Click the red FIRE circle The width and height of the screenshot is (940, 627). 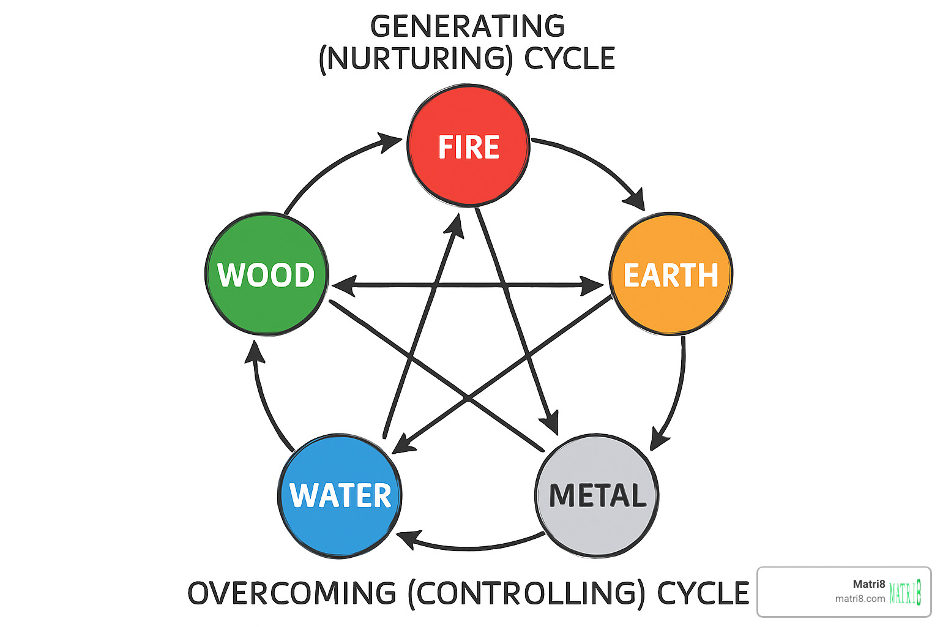(x=468, y=146)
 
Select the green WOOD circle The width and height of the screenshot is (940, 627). (x=266, y=274)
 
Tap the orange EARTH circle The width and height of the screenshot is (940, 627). (x=671, y=274)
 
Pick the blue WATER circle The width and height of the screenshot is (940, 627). (x=340, y=495)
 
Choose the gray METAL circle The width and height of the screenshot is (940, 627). (x=597, y=495)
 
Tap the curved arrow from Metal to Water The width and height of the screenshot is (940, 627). (x=471, y=546)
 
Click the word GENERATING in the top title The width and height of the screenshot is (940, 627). (x=468, y=26)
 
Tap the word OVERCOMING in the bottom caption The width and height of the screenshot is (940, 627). (x=292, y=593)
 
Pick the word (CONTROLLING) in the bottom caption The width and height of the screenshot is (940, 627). (x=526, y=593)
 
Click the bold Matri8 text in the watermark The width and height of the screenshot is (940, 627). (x=869, y=584)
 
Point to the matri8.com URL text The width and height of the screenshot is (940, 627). (x=860, y=599)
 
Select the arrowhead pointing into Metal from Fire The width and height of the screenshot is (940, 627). (x=551, y=422)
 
